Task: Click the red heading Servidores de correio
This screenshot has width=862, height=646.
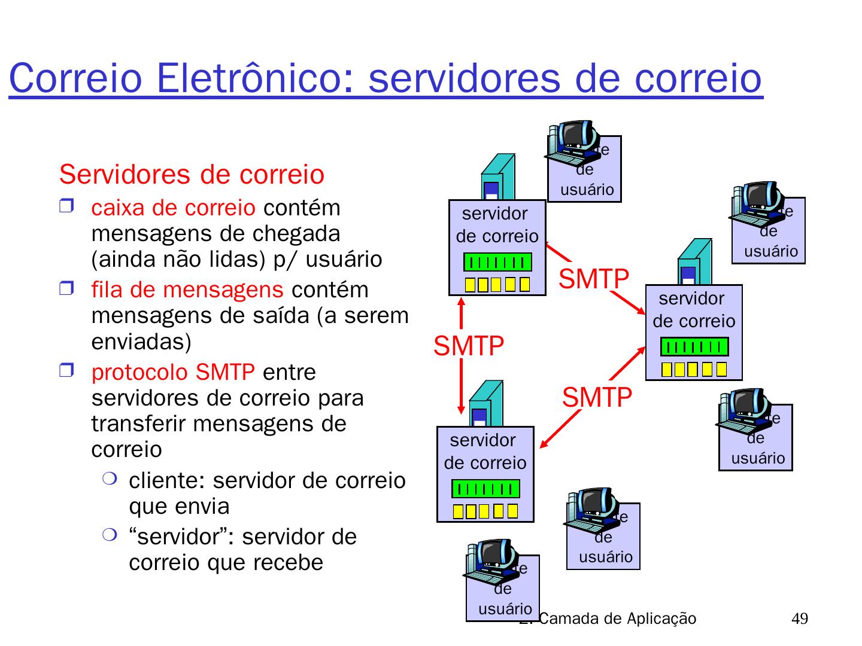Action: pyautogui.click(x=192, y=175)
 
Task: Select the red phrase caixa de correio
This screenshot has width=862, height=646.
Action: pyautogui.click(x=173, y=208)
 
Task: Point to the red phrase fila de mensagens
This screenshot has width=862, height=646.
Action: pyautogui.click(x=187, y=290)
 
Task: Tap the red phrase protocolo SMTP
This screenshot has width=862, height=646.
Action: pyautogui.click(x=173, y=373)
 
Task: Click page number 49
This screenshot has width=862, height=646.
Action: pyautogui.click(x=799, y=618)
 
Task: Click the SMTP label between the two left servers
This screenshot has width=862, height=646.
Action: pyautogui.click(x=469, y=346)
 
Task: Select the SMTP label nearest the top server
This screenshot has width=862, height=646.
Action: pyautogui.click(x=593, y=279)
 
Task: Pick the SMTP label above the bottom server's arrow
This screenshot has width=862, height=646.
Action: pyautogui.click(x=597, y=398)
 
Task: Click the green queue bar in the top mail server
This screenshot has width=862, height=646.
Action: pyautogui.click(x=497, y=262)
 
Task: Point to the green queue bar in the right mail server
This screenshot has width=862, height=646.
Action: pyautogui.click(x=694, y=347)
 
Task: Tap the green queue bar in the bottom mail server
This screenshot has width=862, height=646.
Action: pyautogui.click(x=485, y=489)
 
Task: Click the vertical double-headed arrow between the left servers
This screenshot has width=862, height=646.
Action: pyautogui.click(x=462, y=355)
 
